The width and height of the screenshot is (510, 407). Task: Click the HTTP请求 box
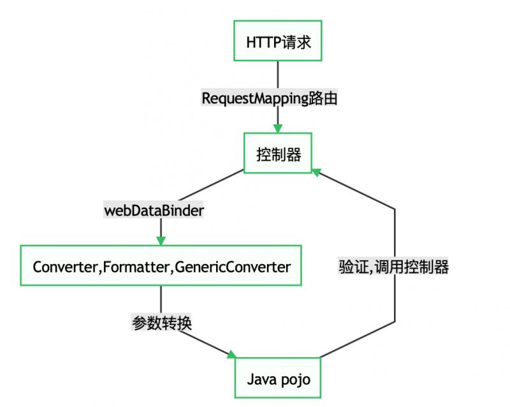click(277, 41)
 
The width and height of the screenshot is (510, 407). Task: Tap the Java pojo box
click(279, 380)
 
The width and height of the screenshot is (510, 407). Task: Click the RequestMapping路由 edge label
click(269, 98)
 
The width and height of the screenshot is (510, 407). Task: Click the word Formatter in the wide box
click(136, 267)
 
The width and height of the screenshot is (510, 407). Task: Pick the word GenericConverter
click(232, 267)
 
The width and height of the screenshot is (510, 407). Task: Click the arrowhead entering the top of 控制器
click(279, 128)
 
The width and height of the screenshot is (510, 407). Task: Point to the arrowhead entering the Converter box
click(161, 241)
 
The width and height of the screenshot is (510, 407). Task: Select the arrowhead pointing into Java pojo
click(232, 354)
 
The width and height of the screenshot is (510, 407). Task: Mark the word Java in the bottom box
click(261, 380)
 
